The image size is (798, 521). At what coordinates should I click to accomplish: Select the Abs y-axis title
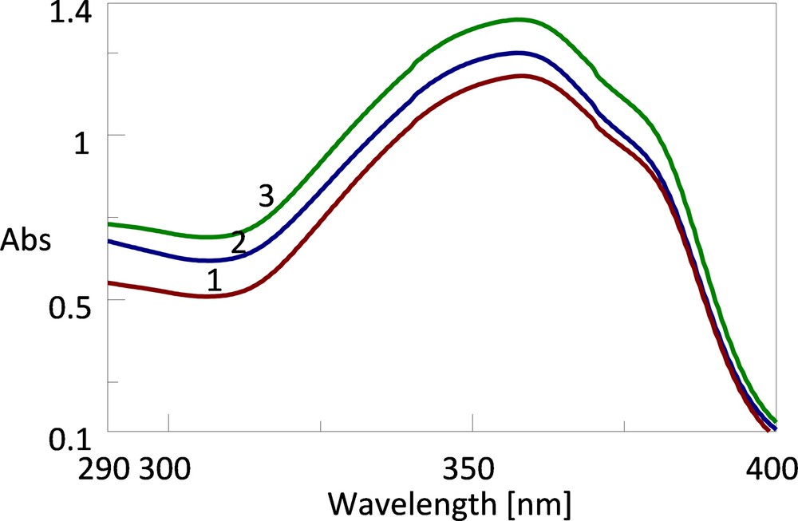point(26,239)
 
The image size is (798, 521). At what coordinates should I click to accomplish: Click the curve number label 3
point(266,195)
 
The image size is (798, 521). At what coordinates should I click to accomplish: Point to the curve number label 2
point(238,242)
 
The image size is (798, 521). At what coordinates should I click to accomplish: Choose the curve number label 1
point(214,280)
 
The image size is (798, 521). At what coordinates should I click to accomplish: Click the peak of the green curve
point(519,19)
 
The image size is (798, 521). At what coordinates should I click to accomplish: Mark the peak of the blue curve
point(521,53)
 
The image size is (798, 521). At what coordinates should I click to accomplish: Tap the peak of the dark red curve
point(523,76)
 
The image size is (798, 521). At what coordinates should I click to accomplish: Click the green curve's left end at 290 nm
point(109,224)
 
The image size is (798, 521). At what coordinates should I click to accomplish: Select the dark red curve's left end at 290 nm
point(109,282)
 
